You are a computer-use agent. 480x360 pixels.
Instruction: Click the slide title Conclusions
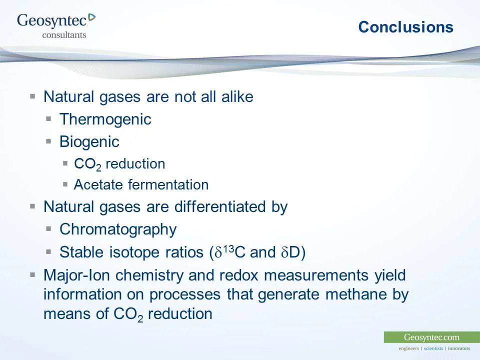[405, 27]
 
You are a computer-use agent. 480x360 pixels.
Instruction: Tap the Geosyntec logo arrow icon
[91, 18]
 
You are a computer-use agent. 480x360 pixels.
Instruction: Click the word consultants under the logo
[64, 35]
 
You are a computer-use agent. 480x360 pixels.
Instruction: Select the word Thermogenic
[105, 119]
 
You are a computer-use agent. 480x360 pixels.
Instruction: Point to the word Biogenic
[89, 142]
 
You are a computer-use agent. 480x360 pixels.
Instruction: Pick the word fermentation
[168, 185]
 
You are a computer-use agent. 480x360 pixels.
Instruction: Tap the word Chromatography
[118, 229]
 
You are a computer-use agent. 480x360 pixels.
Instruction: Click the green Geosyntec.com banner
[431, 337]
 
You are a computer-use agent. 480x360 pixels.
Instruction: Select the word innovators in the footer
[459, 348]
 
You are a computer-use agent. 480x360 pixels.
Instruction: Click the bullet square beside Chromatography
[49, 229]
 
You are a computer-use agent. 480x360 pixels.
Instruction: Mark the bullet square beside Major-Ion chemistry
[33, 275]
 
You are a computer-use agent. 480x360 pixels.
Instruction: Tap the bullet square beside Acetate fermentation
[65, 184]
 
